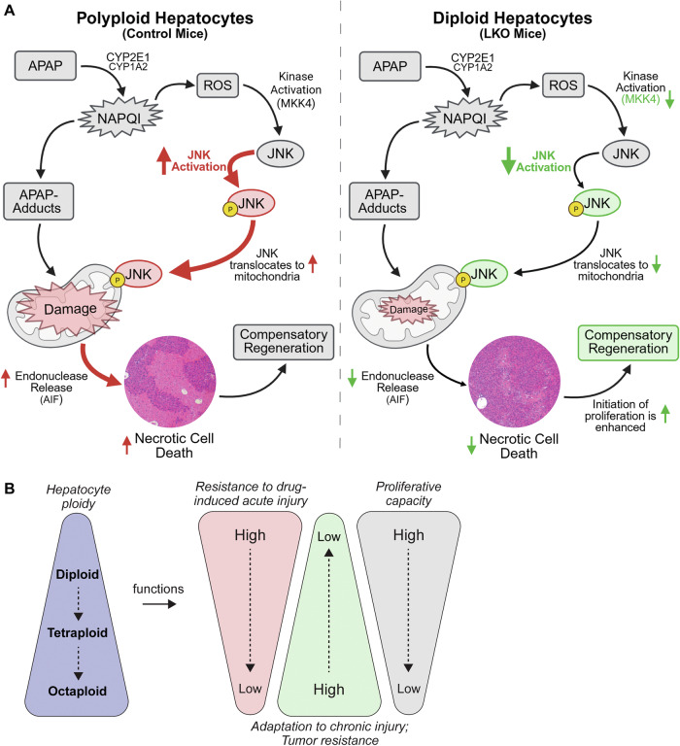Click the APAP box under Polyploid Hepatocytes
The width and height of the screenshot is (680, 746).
[46, 66]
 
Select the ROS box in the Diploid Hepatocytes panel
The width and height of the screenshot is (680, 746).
[562, 85]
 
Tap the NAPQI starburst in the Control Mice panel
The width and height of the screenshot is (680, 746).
[119, 118]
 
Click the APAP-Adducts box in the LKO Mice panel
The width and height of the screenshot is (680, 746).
[384, 201]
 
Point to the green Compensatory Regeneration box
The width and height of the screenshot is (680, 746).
[629, 342]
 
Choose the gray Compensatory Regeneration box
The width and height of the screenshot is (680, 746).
[284, 342]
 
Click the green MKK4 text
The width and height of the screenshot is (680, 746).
[640, 99]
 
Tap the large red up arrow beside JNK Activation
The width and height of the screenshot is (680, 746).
[164, 160]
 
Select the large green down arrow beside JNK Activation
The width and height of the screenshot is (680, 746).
[508, 160]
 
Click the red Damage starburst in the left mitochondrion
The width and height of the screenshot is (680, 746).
[70, 309]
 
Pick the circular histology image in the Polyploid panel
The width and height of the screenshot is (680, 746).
[170, 381]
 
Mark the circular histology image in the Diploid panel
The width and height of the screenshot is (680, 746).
[515, 381]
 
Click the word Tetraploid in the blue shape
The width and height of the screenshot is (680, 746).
[77, 633]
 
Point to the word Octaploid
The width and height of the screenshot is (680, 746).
[77, 692]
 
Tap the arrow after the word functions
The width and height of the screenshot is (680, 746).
[159, 604]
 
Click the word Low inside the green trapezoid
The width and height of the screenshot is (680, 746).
[328, 536]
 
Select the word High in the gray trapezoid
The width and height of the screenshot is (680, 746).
[408, 535]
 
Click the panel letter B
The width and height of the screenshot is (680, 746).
[9, 489]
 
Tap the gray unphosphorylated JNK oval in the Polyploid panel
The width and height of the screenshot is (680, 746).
[281, 153]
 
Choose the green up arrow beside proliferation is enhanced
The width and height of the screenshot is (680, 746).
[665, 414]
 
